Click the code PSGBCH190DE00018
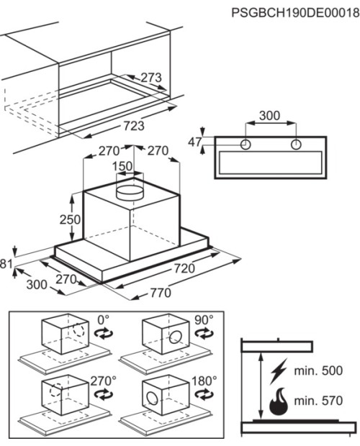coord(295,13)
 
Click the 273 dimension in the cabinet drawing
coord(151,78)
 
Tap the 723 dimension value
coord(134,125)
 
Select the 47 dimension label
coord(195,142)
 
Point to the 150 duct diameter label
coord(122,166)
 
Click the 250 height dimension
coord(70,219)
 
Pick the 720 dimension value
coord(184,268)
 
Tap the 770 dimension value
coord(161,293)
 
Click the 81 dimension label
coord(6,264)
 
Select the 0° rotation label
coord(103,320)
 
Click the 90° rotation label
coord(204,320)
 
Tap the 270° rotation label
coord(103,381)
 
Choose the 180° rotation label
coord(204,381)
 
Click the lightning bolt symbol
coord(279,371)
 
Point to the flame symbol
coord(279,401)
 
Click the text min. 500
coord(318,370)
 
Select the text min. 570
coord(318,401)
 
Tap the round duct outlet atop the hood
coord(130,193)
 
